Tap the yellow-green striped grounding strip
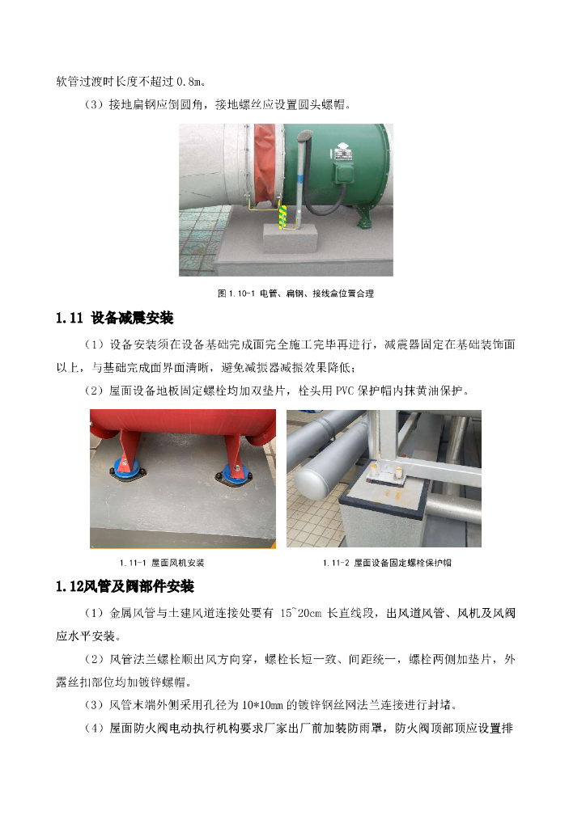pos(283,217)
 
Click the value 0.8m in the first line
pos(193,81)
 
